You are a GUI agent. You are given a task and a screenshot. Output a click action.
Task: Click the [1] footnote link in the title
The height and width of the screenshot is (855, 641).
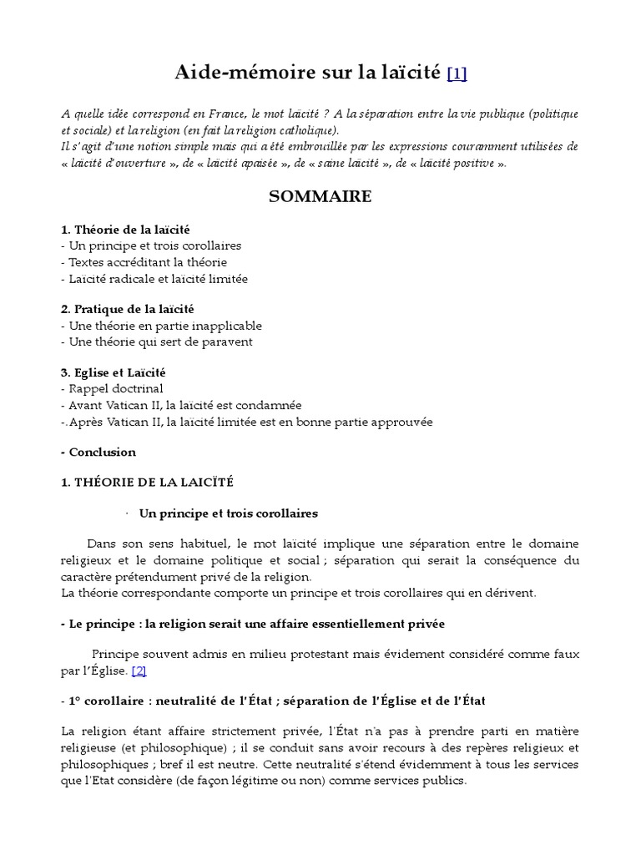coord(457,74)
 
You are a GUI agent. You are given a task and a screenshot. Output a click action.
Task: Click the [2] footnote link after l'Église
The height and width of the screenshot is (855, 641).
coord(139,670)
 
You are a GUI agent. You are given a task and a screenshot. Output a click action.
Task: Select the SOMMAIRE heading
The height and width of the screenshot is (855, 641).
coord(320,197)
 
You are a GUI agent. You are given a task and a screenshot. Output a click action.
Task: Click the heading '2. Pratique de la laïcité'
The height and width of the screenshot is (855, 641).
coord(127,309)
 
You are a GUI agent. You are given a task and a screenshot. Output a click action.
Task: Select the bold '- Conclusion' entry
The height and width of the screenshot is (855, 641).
coord(98,452)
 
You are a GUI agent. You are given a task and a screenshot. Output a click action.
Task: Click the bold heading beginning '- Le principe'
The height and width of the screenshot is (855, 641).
coord(253,624)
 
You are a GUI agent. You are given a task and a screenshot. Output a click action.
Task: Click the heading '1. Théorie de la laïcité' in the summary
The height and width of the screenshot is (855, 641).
coord(131,229)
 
